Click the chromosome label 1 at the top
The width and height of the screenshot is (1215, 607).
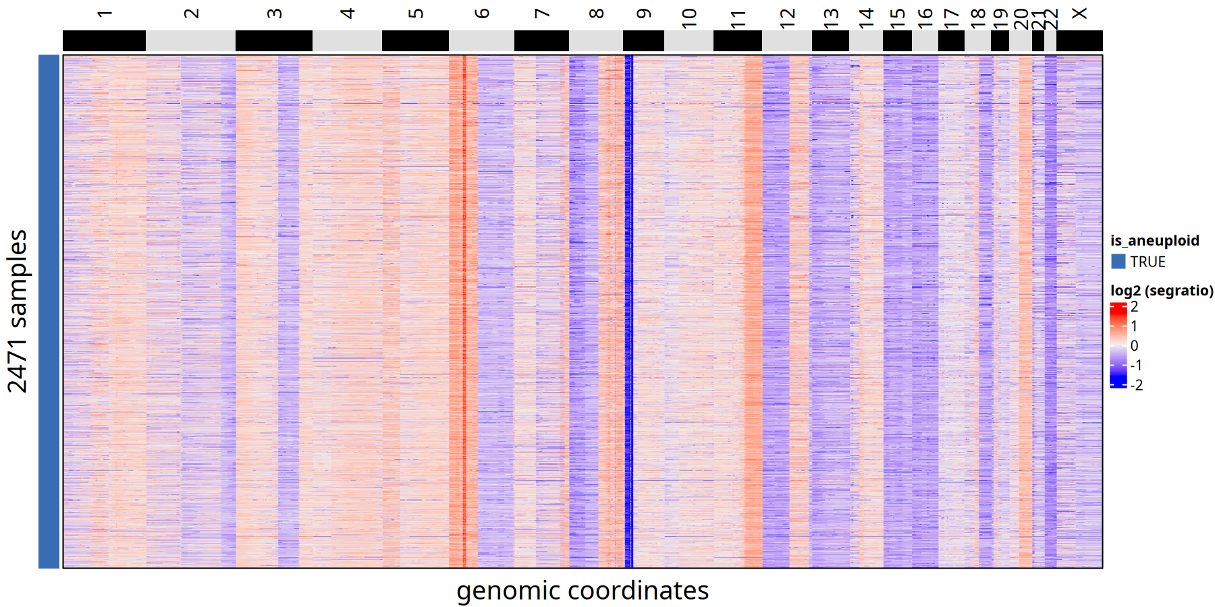104,13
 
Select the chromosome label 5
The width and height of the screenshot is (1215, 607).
416,13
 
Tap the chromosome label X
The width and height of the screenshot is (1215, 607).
1079,13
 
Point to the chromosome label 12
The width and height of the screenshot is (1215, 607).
787,18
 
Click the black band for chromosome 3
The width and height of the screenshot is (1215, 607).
273,40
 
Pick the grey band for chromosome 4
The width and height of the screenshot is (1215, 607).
347,40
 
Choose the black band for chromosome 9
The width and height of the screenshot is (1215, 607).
643,40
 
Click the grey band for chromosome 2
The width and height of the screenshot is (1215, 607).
190,40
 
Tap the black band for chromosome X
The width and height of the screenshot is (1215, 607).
1079,40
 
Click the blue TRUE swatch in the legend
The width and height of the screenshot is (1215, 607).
1118,262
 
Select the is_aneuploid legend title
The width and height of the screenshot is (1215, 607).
1155,241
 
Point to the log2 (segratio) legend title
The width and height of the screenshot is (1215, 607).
1162,291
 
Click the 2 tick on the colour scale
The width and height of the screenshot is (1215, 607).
1134,307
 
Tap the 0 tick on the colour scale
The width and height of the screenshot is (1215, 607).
1134,345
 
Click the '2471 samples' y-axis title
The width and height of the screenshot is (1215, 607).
18,311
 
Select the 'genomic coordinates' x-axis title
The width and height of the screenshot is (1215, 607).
583,591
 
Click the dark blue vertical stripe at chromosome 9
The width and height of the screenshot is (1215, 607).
628,310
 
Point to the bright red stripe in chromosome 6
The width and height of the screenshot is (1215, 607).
464,310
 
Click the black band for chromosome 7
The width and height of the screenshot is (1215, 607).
541,40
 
